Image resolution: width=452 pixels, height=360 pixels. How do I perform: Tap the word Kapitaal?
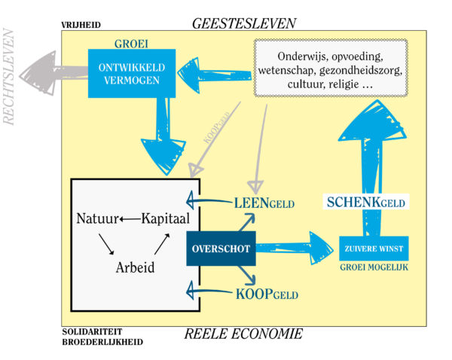point(165,219)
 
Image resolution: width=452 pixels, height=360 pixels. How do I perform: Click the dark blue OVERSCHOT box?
point(221,249)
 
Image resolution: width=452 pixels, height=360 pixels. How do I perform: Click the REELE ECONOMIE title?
point(243,334)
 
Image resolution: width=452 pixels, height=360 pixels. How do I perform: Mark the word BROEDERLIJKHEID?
point(102,341)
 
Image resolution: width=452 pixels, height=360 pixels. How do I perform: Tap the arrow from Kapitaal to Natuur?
point(130,219)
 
